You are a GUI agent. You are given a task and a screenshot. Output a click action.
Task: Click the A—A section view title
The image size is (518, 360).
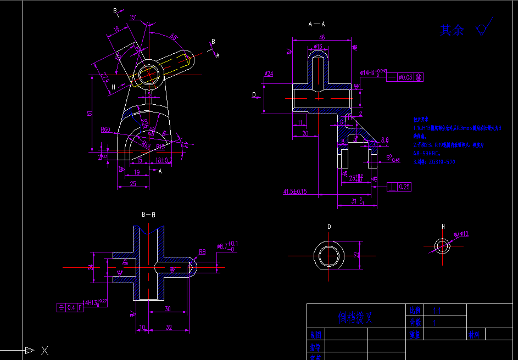point(317,24)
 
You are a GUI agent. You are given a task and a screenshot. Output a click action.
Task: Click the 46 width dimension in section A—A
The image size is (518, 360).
point(322,37)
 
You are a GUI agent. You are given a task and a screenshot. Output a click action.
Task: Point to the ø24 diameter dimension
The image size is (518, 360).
point(269,73)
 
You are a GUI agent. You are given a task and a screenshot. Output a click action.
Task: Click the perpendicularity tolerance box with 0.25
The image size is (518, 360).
point(399,187)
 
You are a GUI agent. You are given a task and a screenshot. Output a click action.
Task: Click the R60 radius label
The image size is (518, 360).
point(105,130)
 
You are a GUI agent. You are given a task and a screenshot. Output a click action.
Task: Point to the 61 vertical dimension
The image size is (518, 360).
point(90,113)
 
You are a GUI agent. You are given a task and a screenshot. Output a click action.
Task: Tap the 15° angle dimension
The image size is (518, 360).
point(133,17)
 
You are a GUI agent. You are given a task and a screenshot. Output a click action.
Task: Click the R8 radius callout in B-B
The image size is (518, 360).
point(202,252)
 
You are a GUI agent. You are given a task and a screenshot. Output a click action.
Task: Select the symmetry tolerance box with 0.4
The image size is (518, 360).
point(70,307)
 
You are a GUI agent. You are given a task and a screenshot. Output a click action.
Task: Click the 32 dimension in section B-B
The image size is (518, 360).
point(169,328)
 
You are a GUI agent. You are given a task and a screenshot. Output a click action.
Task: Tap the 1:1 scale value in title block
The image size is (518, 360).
point(437,310)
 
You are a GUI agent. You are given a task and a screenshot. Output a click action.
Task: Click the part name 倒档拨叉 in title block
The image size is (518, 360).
point(355,318)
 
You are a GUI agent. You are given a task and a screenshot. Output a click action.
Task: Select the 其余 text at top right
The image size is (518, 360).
point(452,30)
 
